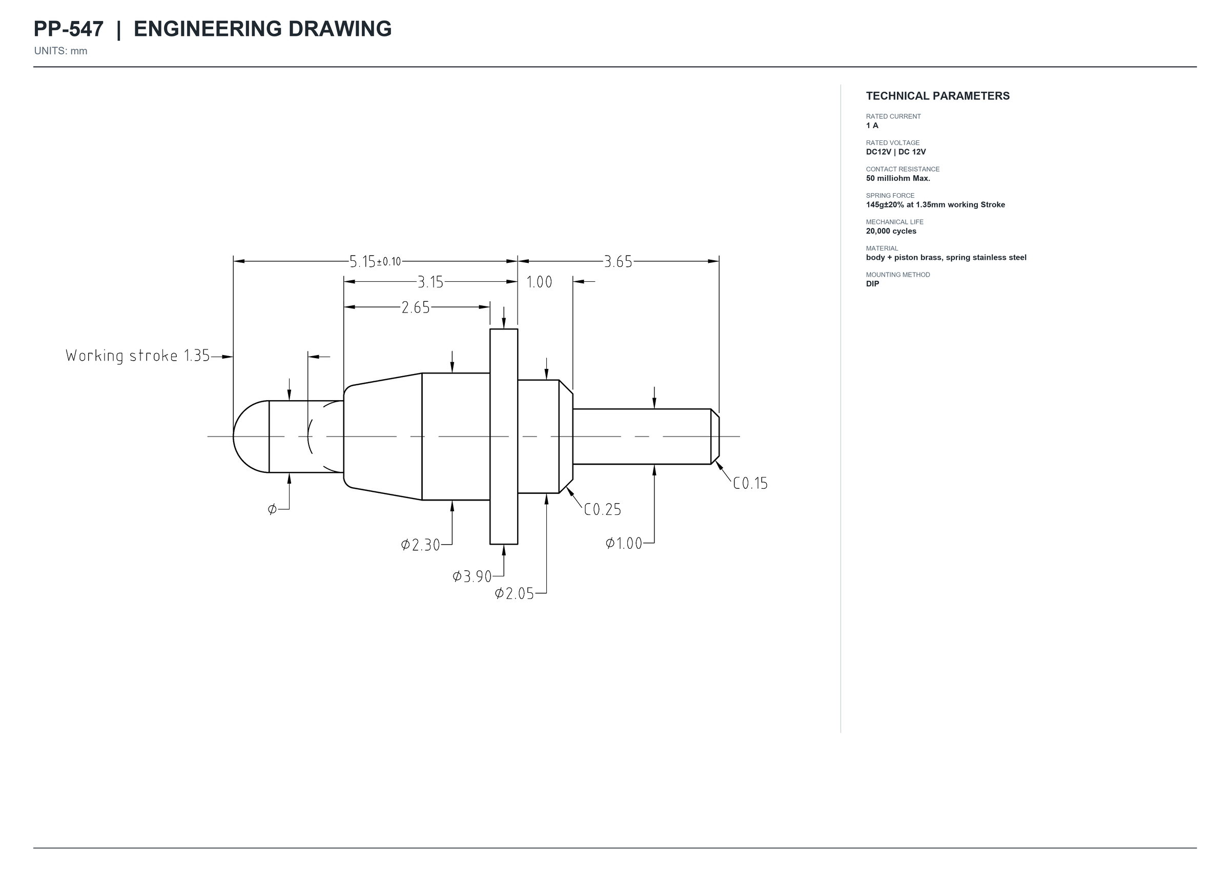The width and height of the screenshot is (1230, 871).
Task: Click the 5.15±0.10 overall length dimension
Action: (375, 262)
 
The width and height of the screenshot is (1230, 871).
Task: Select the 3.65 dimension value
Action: (618, 262)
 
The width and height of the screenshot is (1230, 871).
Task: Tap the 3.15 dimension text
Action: (430, 282)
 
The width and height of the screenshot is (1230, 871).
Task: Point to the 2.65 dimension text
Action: (416, 307)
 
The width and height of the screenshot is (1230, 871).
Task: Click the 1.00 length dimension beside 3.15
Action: (539, 282)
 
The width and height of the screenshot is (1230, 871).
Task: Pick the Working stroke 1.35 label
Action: (138, 356)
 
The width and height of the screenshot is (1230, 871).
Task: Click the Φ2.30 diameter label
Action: (421, 545)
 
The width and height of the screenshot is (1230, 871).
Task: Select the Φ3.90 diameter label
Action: (472, 576)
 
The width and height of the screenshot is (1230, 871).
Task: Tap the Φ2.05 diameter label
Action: (515, 594)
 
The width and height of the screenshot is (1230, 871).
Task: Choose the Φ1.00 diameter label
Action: (624, 543)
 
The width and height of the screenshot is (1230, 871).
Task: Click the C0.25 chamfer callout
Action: (602, 509)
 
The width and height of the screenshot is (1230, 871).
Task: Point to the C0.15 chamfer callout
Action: (750, 484)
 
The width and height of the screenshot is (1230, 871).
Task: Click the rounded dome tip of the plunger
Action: (251, 437)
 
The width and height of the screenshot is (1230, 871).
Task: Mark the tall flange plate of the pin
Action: (504, 437)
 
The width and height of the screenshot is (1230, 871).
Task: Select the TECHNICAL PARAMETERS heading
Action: (938, 96)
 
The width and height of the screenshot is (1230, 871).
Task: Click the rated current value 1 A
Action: (872, 126)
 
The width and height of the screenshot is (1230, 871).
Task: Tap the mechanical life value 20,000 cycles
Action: (891, 231)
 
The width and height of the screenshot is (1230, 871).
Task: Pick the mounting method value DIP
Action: (873, 284)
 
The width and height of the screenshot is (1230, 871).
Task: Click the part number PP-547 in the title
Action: (69, 29)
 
